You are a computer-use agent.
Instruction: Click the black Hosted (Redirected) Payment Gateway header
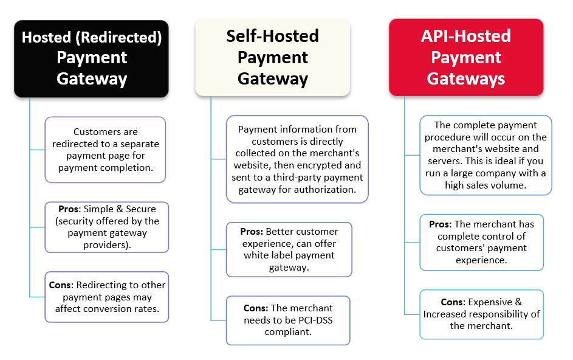point(91,58)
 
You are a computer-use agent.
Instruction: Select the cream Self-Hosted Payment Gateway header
point(272,57)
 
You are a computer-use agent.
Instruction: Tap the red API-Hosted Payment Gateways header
point(465,57)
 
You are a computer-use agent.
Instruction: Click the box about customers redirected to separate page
point(105,150)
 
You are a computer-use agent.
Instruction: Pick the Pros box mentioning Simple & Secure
point(108,227)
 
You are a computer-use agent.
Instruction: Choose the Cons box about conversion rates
point(108,297)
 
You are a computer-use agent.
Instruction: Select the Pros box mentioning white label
point(289,249)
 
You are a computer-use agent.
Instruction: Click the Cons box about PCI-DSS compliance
point(288,320)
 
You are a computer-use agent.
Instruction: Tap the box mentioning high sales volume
point(486,155)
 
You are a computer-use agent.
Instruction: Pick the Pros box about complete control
point(481,242)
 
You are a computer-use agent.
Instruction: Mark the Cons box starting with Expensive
point(481,314)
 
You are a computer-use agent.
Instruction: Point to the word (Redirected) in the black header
point(127,38)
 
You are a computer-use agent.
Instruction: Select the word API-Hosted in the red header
point(465,36)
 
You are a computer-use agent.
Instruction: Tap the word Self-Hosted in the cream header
point(272,36)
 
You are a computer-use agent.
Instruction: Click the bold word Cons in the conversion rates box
point(61,285)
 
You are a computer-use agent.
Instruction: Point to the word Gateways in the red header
point(465,78)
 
